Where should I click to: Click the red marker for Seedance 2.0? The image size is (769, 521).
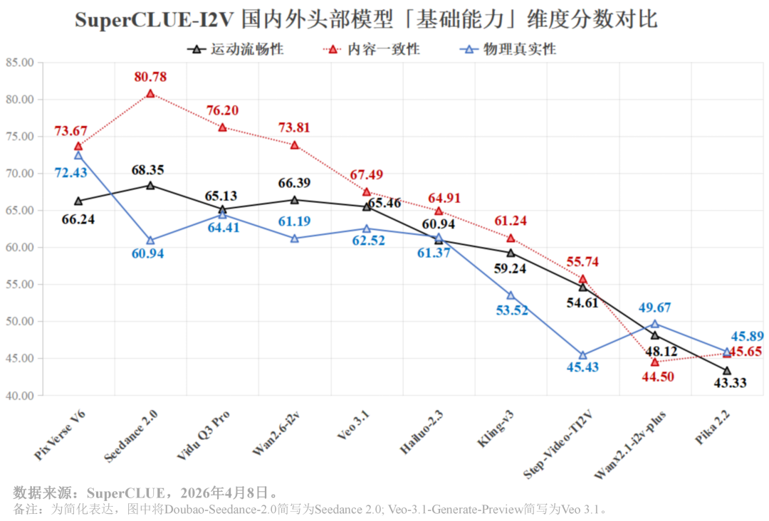(x=150, y=93)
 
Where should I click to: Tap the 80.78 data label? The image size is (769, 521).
(x=150, y=77)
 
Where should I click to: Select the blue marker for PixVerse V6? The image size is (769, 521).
(x=78, y=155)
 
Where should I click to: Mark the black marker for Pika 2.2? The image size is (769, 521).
(x=727, y=371)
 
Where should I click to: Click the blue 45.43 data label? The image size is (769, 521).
(x=582, y=367)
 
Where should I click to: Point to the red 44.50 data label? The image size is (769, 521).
(x=656, y=377)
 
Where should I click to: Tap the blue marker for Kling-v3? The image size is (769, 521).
(x=511, y=295)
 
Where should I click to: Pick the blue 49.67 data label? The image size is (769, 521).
(x=656, y=307)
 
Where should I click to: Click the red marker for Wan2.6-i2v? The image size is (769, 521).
(x=294, y=145)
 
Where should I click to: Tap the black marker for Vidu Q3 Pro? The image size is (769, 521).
(x=222, y=210)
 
